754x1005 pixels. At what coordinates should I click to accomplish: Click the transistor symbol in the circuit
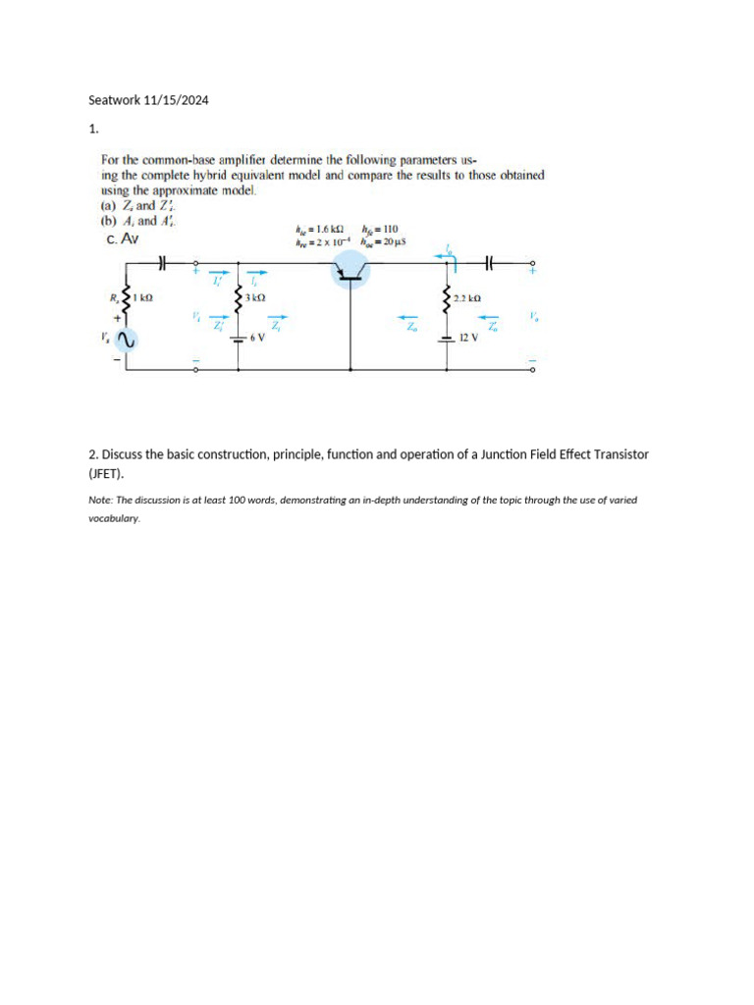tap(351, 267)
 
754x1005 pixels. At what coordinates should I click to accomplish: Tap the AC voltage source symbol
tap(124, 340)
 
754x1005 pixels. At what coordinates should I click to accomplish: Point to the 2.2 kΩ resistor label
tap(467, 296)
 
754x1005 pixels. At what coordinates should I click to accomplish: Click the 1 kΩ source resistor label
tap(141, 296)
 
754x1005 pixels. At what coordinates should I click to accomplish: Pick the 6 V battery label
tap(258, 337)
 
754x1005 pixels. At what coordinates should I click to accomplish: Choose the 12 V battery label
tap(468, 337)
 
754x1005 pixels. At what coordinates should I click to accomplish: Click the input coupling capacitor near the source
tap(164, 263)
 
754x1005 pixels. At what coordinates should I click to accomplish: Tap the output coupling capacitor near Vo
tap(488, 263)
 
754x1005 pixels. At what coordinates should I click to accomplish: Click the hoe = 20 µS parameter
tap(384, 241)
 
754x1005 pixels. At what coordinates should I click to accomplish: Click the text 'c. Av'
tap(123, 238)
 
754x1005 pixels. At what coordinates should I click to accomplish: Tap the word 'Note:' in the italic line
tap(100, 500)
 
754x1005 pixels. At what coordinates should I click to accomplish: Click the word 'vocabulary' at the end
tap(114, 519)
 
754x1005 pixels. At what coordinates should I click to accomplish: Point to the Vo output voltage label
tap(533, 317)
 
